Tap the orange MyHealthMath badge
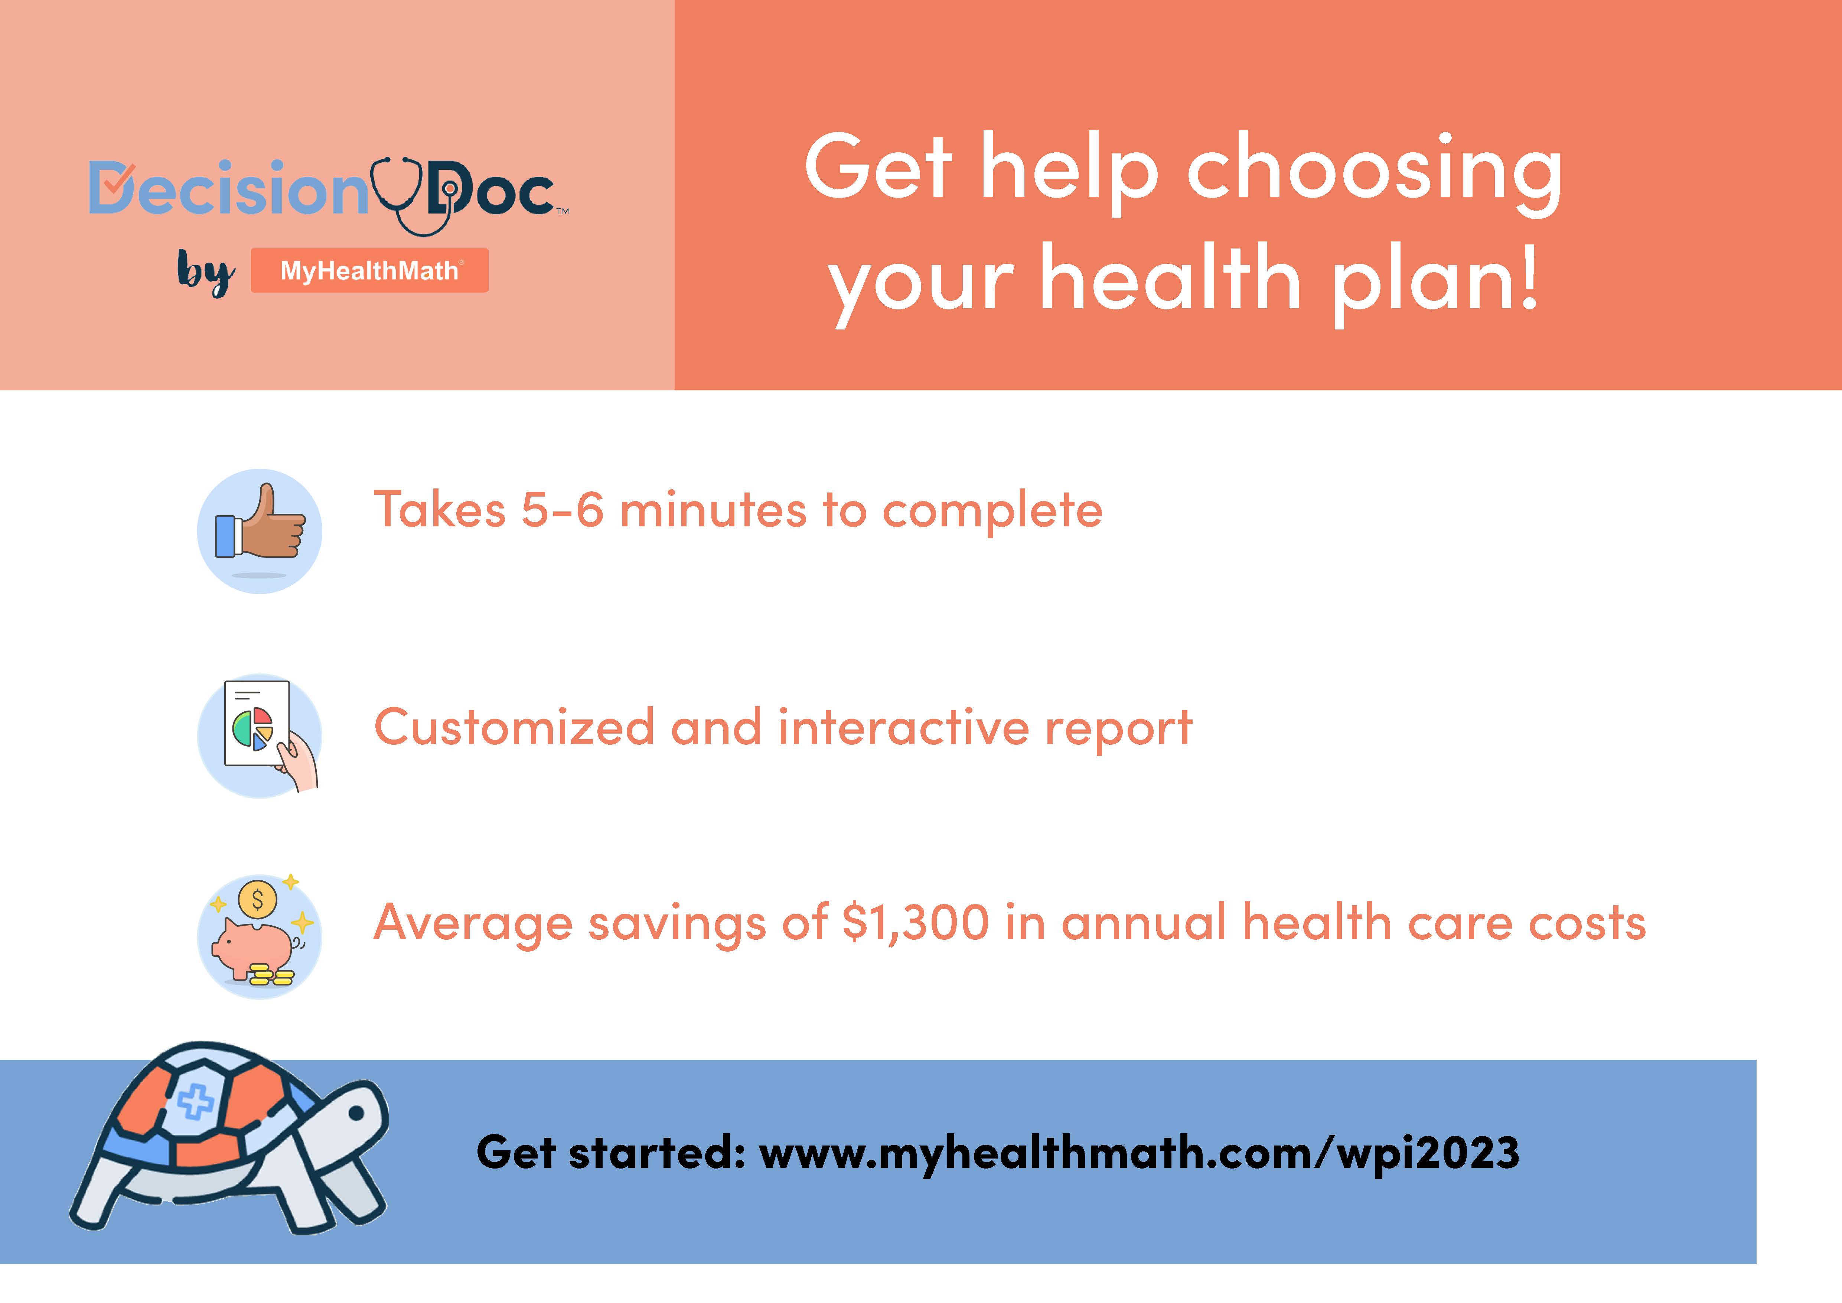[369, 270]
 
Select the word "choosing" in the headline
[1374, 172]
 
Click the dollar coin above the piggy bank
[258, 899]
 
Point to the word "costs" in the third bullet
[1587, 923]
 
